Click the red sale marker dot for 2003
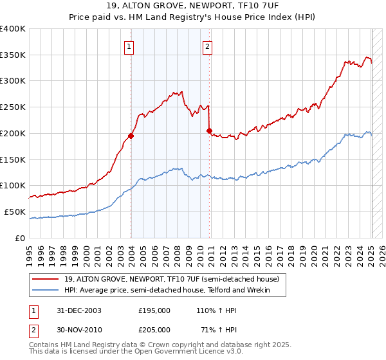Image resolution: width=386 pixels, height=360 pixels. [x=131, y=136]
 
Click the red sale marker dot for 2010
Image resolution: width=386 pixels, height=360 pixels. [x=209, y=130]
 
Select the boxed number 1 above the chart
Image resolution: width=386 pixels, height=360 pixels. [x=129, y=46]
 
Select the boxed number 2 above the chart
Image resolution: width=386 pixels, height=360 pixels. [x=208, y=46]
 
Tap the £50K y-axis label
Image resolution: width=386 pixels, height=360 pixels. [x=15, y=212]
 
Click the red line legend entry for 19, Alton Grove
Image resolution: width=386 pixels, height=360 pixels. [x=171, y=279]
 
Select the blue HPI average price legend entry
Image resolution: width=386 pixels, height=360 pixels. [x=167, y=291]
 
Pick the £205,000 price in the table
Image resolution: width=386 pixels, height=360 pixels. [x=154, y=329]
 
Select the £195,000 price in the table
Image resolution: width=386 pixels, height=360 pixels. [x=154, y=310]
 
